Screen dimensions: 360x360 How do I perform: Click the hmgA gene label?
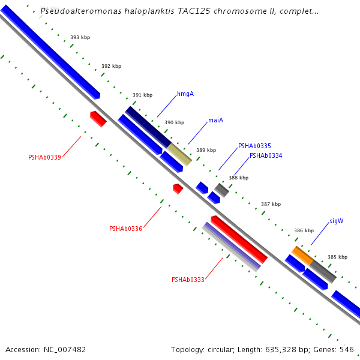coord(185,94)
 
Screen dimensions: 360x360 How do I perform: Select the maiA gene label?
coord(215,120)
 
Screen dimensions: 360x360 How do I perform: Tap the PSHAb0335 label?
coord(254,146)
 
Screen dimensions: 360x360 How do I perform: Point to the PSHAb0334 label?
coord(266,155)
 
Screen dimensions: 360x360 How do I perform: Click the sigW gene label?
coord(336,221)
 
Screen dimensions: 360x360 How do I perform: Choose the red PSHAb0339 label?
coord(44,158)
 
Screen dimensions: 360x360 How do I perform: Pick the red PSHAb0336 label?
coord(125,229)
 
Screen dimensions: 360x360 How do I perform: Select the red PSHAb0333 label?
coord(188,280)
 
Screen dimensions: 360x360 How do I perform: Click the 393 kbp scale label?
coord(80,37)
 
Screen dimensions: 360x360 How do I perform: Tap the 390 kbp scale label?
coord(174,122)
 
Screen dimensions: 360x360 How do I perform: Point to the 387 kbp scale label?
coord(271,204)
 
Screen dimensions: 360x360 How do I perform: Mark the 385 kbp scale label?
coord(337,257)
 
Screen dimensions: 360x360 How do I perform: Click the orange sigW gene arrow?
coord(302,256)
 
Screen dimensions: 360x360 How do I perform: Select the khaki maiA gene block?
coord(179,154)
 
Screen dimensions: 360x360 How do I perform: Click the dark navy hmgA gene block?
coord(148,127)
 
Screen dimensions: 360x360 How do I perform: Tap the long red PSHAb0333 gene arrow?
coord(239,239)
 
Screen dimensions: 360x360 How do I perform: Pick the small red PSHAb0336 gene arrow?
coord(178,188)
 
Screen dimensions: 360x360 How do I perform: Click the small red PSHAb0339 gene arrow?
coord(98,118)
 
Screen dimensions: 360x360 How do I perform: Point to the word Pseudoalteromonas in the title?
coord(77,11)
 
